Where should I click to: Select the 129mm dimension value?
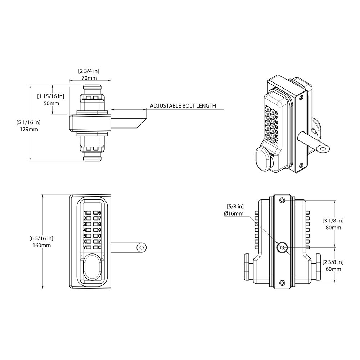point(30,129)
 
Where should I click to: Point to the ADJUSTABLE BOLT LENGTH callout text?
point(183,106)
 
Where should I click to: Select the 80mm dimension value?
point(333,228)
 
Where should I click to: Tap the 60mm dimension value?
point(333,269)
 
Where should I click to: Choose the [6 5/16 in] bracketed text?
point(41,238)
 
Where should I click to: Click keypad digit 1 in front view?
point(85,213)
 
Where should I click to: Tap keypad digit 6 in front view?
point(99,213)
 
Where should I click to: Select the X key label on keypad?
point(85,242)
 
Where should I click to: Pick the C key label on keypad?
point(99,248)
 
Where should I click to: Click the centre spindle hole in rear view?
point(282,247)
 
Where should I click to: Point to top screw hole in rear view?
point(282,200)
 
